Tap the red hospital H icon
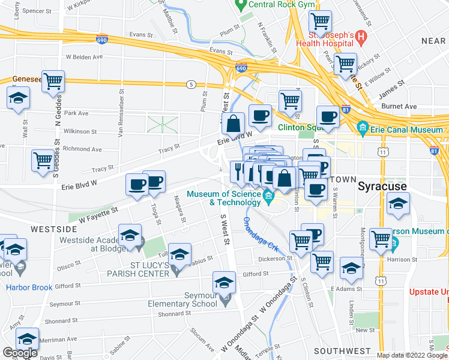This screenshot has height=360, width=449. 361,37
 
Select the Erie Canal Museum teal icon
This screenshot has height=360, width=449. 363,128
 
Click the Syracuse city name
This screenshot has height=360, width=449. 382,186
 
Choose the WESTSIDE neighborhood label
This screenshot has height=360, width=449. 54,229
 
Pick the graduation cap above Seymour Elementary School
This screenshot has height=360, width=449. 224,281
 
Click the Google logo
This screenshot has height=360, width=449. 20,353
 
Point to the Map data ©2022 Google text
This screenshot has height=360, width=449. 411,355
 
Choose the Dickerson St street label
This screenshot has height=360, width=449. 274,259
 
